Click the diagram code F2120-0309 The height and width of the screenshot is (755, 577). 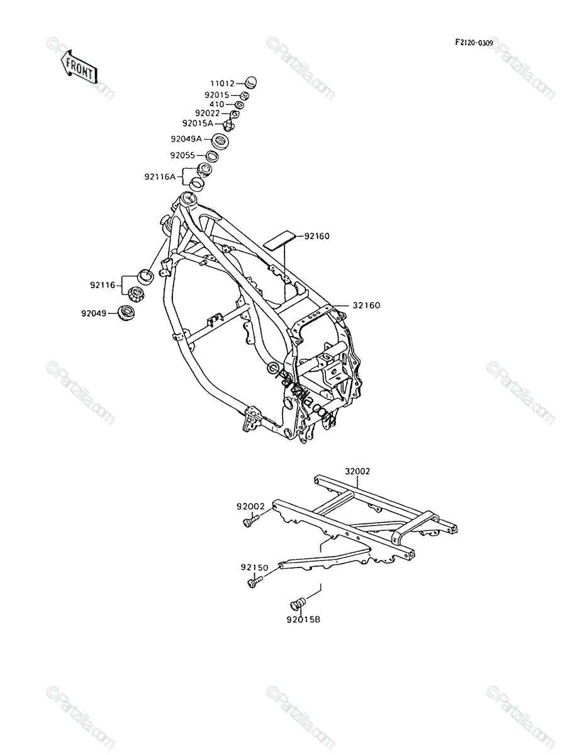coord(474,43)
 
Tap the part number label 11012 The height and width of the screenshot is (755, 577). coord(222,84)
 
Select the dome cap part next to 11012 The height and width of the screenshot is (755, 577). coord(250,83)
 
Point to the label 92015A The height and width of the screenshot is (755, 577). coord(198,123)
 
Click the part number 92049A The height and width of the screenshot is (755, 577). coord(186,138)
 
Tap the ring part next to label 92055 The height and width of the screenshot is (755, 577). coord(212,156)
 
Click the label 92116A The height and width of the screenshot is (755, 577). coord(160,177)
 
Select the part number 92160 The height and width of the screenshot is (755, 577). coord(317,236)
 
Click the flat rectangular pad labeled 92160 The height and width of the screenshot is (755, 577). coord(279,240)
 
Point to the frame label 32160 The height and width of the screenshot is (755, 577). coord(366,305)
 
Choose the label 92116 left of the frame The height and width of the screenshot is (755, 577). coord(103,285)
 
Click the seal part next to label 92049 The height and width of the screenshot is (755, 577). coord(126,313)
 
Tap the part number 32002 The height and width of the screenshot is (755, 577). coord(357,471)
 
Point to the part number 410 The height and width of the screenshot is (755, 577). coord(216,104)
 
